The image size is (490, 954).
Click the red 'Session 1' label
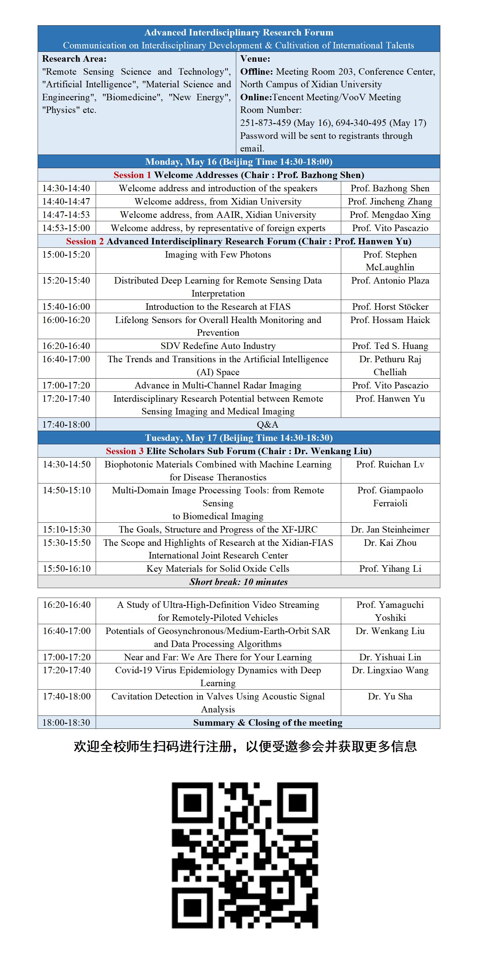pyautogui.click(x=132, y=175)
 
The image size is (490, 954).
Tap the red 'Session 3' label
pyautogui.click(x=124, y=451)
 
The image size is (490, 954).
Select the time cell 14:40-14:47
pyautogui.click(x=66, y=201)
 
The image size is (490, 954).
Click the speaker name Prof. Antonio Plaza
pyautogui.click(x=390, y=281)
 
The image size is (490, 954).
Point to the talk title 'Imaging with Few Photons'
pyautogui.click(x=218, y=255)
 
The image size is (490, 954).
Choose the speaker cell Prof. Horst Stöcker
pyautogui.click(x=390, y=307)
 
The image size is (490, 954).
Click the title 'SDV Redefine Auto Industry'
pyautogui.click(x=218, y=346)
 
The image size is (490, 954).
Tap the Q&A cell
pyautogui.click(x=268, y=425)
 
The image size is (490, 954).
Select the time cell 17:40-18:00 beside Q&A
pyautogui.click(x=66, y=425)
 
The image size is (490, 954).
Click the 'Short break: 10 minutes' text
pyautogui.click(x=238, y=582)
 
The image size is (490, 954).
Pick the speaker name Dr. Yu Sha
pyautogui.click(x=390, y=696)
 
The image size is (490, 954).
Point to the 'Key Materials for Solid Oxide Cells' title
pyautogui.click(x=218, y=568)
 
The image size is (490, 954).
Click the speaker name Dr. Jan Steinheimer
pyautogui.click(x=390, y=529)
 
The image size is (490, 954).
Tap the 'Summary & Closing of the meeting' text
pyautogui.click(x=268, y=723)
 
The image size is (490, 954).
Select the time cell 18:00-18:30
pyautogui.click(x=66, y=723)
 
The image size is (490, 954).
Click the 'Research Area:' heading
pyautogui.click(x=74, y=59)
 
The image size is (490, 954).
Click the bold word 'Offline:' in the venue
pyautogui.click(x=257, y=72)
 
